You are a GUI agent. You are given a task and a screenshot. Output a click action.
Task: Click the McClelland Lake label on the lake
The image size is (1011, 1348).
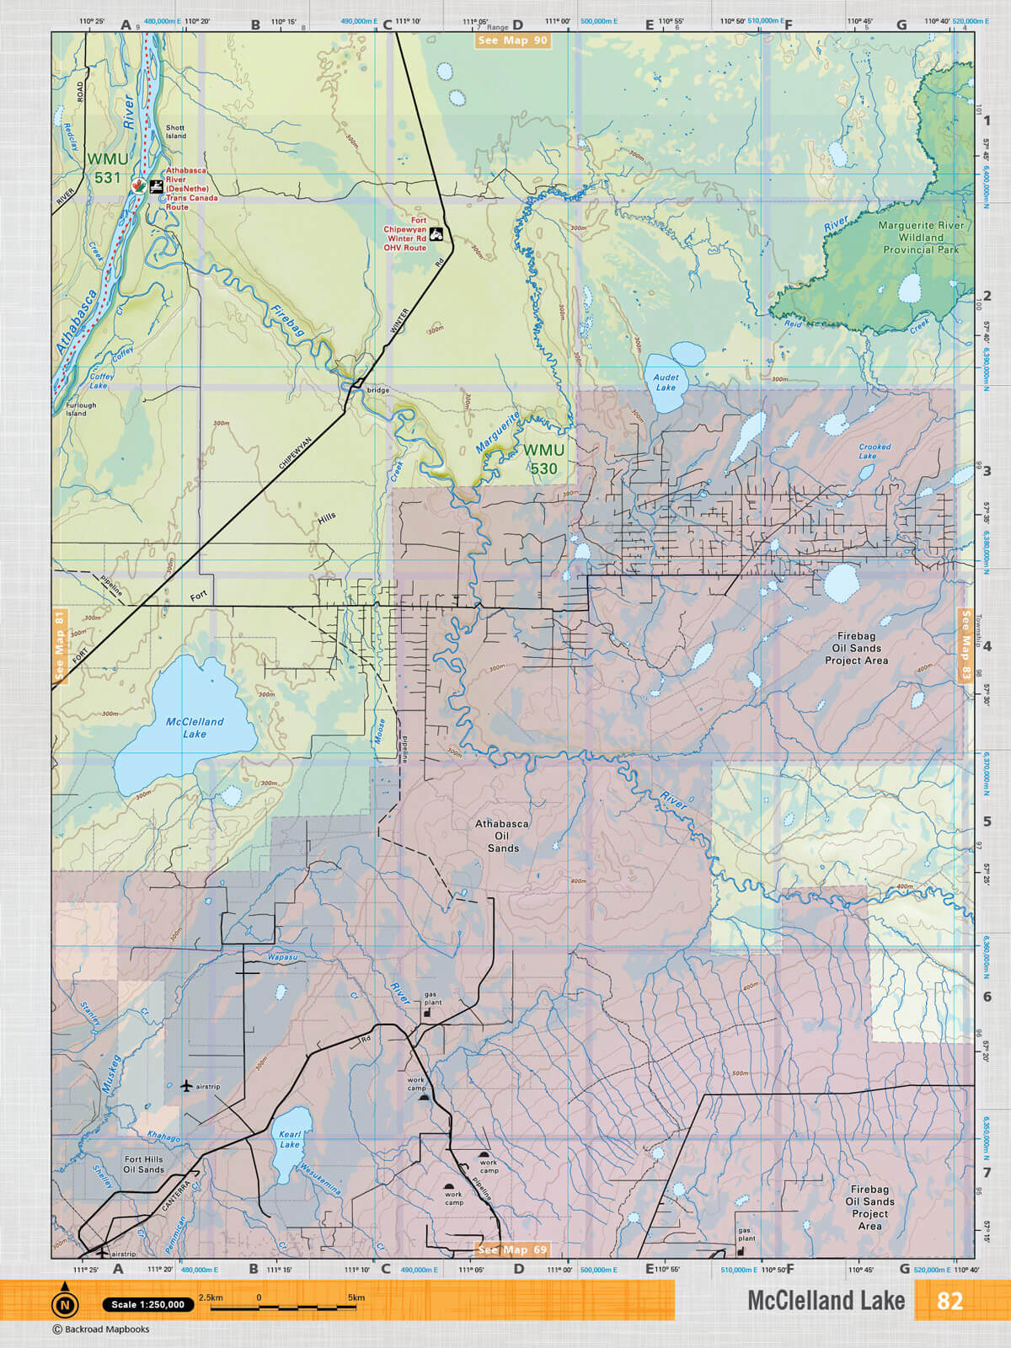195,728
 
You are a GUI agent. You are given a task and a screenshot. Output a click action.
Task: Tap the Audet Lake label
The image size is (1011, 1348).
666,382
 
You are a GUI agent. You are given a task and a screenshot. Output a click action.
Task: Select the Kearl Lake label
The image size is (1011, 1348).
290,1139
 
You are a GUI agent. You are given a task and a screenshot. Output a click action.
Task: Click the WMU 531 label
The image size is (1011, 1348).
108,168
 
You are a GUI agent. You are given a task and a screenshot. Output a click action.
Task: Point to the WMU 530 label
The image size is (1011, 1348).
543,460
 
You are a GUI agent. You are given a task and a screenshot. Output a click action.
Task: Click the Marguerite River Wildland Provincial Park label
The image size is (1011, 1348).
921,238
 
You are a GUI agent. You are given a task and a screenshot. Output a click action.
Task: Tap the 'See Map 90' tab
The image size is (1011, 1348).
512,40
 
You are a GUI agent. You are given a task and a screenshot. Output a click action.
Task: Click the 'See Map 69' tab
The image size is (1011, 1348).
512,1249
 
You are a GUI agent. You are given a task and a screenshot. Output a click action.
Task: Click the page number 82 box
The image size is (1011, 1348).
949,1301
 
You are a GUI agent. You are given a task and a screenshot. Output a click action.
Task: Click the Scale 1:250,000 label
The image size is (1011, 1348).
147,1304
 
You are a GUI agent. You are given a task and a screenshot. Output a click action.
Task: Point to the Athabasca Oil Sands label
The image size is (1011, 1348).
502,836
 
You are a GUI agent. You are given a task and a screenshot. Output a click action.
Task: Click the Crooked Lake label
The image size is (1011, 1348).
875,452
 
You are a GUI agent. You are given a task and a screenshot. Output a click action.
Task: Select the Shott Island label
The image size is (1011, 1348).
175,131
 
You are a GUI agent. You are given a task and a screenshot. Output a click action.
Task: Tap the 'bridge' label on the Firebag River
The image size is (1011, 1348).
378,390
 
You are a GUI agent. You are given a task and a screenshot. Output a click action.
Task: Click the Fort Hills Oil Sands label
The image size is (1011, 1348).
144,1164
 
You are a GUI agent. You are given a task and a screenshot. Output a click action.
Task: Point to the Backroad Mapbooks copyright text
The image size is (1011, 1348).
101,1329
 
